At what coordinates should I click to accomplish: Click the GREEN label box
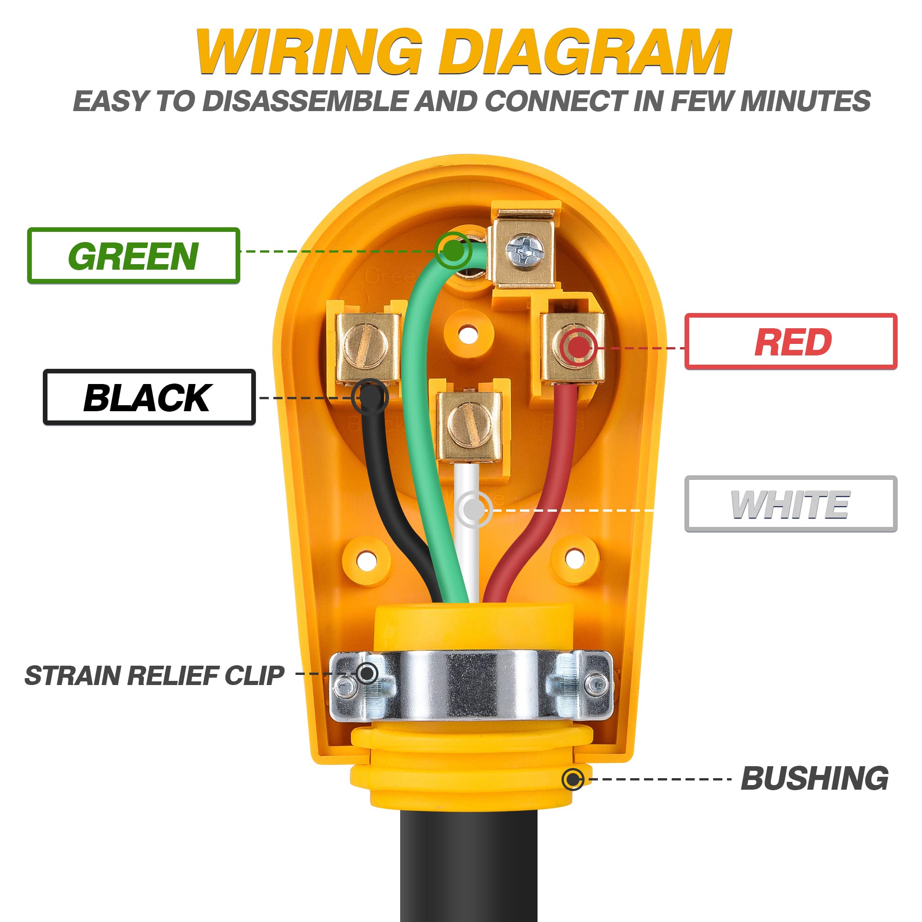click(x=133, y=256)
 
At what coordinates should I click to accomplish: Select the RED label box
click(x=791, y=342)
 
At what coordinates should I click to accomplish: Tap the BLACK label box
click(x=149, y=397)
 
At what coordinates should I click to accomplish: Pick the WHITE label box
click(x=791, y=504)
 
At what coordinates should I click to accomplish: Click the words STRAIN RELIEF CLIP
click(x=154, y=676)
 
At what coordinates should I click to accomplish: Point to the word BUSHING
click(x=814, y=779)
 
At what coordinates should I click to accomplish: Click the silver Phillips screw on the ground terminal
click(x=525, y=250)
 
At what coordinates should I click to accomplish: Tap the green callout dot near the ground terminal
click(x=452, y=249)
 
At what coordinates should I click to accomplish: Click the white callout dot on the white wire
click(x=473, y=510)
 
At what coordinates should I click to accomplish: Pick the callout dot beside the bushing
click(x=573, y=779)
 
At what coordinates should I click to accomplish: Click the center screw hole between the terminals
click(x=468, y=334)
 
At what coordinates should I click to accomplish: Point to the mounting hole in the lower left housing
click(x=366, y=559)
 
